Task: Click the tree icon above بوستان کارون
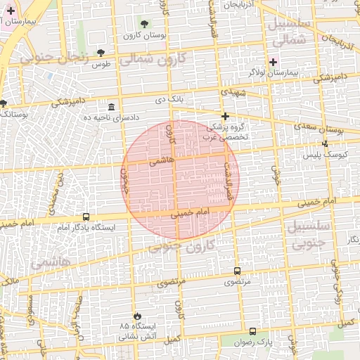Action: pos(144,24)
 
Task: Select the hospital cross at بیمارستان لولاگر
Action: pos(274,62)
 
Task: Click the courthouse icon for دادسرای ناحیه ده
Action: pos(112,106)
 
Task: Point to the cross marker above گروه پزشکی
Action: pos(225,116)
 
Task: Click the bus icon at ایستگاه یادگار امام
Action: pos(86,217)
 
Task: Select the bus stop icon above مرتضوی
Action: pos(236,271)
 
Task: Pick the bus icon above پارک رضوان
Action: pos(252,331)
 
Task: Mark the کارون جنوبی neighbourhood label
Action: pos(181,247)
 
